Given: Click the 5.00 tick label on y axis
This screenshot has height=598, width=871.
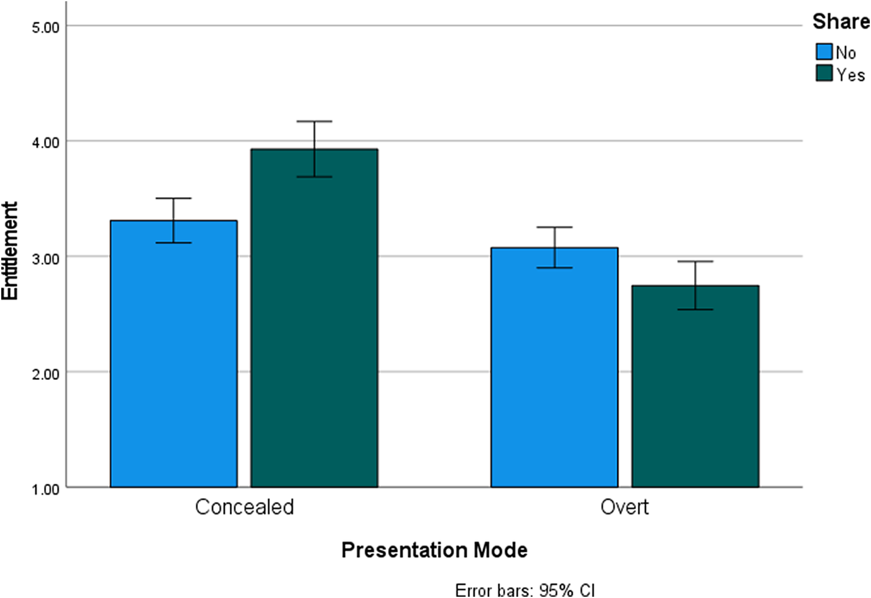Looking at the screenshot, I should (46, 27).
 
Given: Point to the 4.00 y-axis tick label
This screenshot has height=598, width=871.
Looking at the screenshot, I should (46, 142).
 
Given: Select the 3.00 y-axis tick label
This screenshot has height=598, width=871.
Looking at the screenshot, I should (46, 258).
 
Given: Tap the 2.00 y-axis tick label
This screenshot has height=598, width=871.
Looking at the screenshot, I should (46, 374).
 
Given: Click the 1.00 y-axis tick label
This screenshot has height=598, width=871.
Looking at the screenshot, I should (46, 489).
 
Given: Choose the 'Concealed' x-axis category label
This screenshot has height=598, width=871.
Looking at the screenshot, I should (245, 507).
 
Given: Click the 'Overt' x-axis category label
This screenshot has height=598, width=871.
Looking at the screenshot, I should (624, 507).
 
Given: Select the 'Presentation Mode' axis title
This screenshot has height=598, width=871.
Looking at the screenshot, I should (434, 550).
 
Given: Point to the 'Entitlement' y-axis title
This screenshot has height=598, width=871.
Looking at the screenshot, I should (10, 251).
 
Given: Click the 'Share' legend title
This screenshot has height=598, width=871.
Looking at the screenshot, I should (840, 21).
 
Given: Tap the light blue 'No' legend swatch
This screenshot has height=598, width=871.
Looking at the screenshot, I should (824, 52).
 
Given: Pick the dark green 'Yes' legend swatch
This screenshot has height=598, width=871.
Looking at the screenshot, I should (824, 73).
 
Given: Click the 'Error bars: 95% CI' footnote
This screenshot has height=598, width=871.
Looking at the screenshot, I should (525, 590).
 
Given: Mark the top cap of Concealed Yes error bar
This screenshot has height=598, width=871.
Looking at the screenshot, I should (314, 121).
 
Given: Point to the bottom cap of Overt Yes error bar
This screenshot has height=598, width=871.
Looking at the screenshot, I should (695, 310).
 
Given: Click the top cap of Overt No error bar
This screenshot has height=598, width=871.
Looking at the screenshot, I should (554, 227).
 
